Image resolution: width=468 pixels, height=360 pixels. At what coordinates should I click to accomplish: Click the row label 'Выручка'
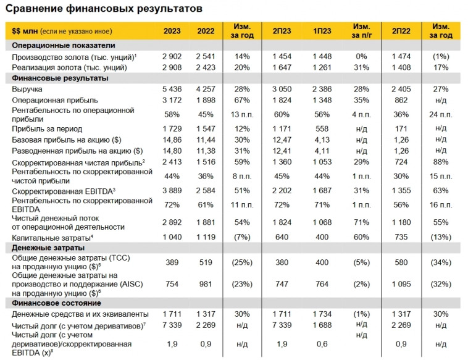click(x=26, y=90)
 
